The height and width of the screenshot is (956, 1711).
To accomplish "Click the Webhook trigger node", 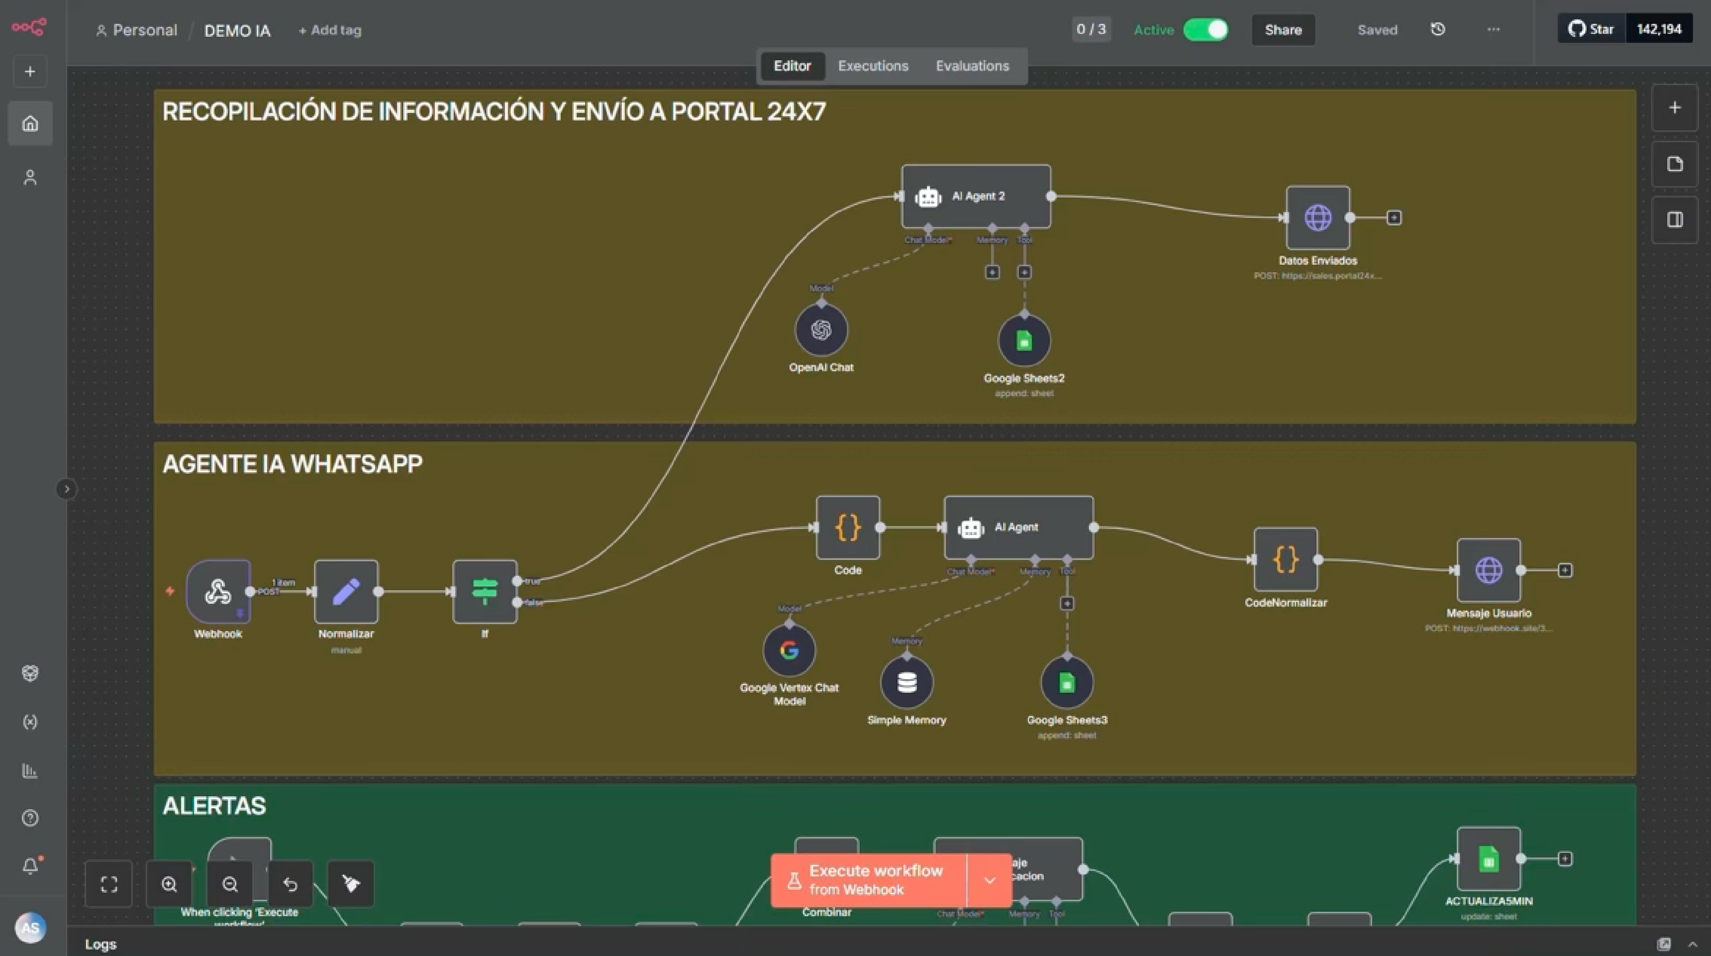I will pyautogui.click(x=218, y=591).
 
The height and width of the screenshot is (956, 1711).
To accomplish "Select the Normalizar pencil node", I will pyautogui.click(x=346, y=591).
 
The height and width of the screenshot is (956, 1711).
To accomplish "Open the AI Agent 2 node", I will pyautogui.click(x=976, y=197).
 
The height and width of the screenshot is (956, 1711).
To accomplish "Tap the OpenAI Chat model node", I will pyautogui.click(x=821, y=330).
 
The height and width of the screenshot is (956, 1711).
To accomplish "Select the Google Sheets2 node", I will pyautogui.click(x=1024, y=341).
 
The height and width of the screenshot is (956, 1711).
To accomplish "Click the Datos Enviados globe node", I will pyautogui.click(x=1318, y=218).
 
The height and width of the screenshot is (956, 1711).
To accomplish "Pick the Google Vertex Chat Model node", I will pyautogui.click(x=789, y=650).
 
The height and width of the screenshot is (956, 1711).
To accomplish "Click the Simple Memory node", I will pyautogui.click(x=906, y=682).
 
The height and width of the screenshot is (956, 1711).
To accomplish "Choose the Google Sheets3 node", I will pyautogui.click(x=1067, y=682).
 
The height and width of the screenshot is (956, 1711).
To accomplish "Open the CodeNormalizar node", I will pyautogui.click(x=1285, y=559).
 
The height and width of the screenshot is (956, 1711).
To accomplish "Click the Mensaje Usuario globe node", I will pyautogui.click(x=1489, y=570).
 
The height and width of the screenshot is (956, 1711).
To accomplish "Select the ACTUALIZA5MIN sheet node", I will pyautogui.click(x=1489, y=858).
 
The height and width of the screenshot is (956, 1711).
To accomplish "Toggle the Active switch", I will pyautogui.click(x=1206, y=30).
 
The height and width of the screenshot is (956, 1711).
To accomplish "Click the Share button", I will pyautogui.click(x=1283, y=30).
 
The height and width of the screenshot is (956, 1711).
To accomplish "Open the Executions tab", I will pyautogui.click(x=873, y=66).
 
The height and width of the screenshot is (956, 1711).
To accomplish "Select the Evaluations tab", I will pyautogui.click(x=972, y=66).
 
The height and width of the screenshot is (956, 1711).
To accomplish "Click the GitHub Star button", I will pyautogui.click(x=1592, y=29).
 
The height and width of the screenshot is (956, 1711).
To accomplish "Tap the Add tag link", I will pyautogui.click(x=330, y=30).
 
